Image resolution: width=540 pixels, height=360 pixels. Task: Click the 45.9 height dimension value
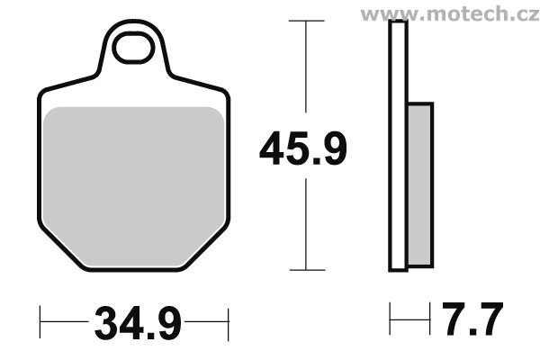tap(303, 148)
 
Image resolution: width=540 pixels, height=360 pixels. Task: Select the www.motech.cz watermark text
tap(451, 13)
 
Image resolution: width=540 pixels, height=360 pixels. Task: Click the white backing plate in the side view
tap(397, 144)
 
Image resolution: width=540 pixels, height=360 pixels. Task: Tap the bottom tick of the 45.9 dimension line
tap(308, 269)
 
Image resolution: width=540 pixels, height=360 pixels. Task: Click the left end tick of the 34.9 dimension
tap(42, 319)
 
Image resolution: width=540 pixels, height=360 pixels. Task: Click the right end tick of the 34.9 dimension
tap(229, 319)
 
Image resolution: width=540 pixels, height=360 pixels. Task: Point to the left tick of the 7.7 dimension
tap(389, 318)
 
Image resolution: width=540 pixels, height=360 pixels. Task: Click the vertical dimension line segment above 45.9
tap(308, 72)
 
